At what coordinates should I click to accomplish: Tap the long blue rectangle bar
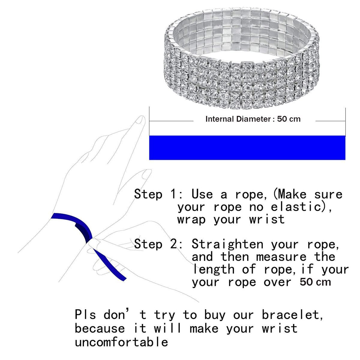click(247, 148)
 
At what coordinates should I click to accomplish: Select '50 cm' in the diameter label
click(289, 119)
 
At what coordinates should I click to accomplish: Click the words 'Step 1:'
click(158, 194)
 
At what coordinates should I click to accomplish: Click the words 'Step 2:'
click(158, 244)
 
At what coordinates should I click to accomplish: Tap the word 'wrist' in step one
click(267, 219)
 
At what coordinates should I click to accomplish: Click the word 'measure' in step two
click(281, 257)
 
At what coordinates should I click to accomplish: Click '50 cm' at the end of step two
click(315, 282)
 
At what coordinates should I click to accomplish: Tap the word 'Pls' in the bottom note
click(85, 315)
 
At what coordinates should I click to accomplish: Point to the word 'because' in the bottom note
click(100, 328)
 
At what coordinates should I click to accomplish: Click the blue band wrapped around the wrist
click(75, 220)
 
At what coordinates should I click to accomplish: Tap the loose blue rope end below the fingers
click(110, 265)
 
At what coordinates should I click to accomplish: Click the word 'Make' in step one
click(292, 194)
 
